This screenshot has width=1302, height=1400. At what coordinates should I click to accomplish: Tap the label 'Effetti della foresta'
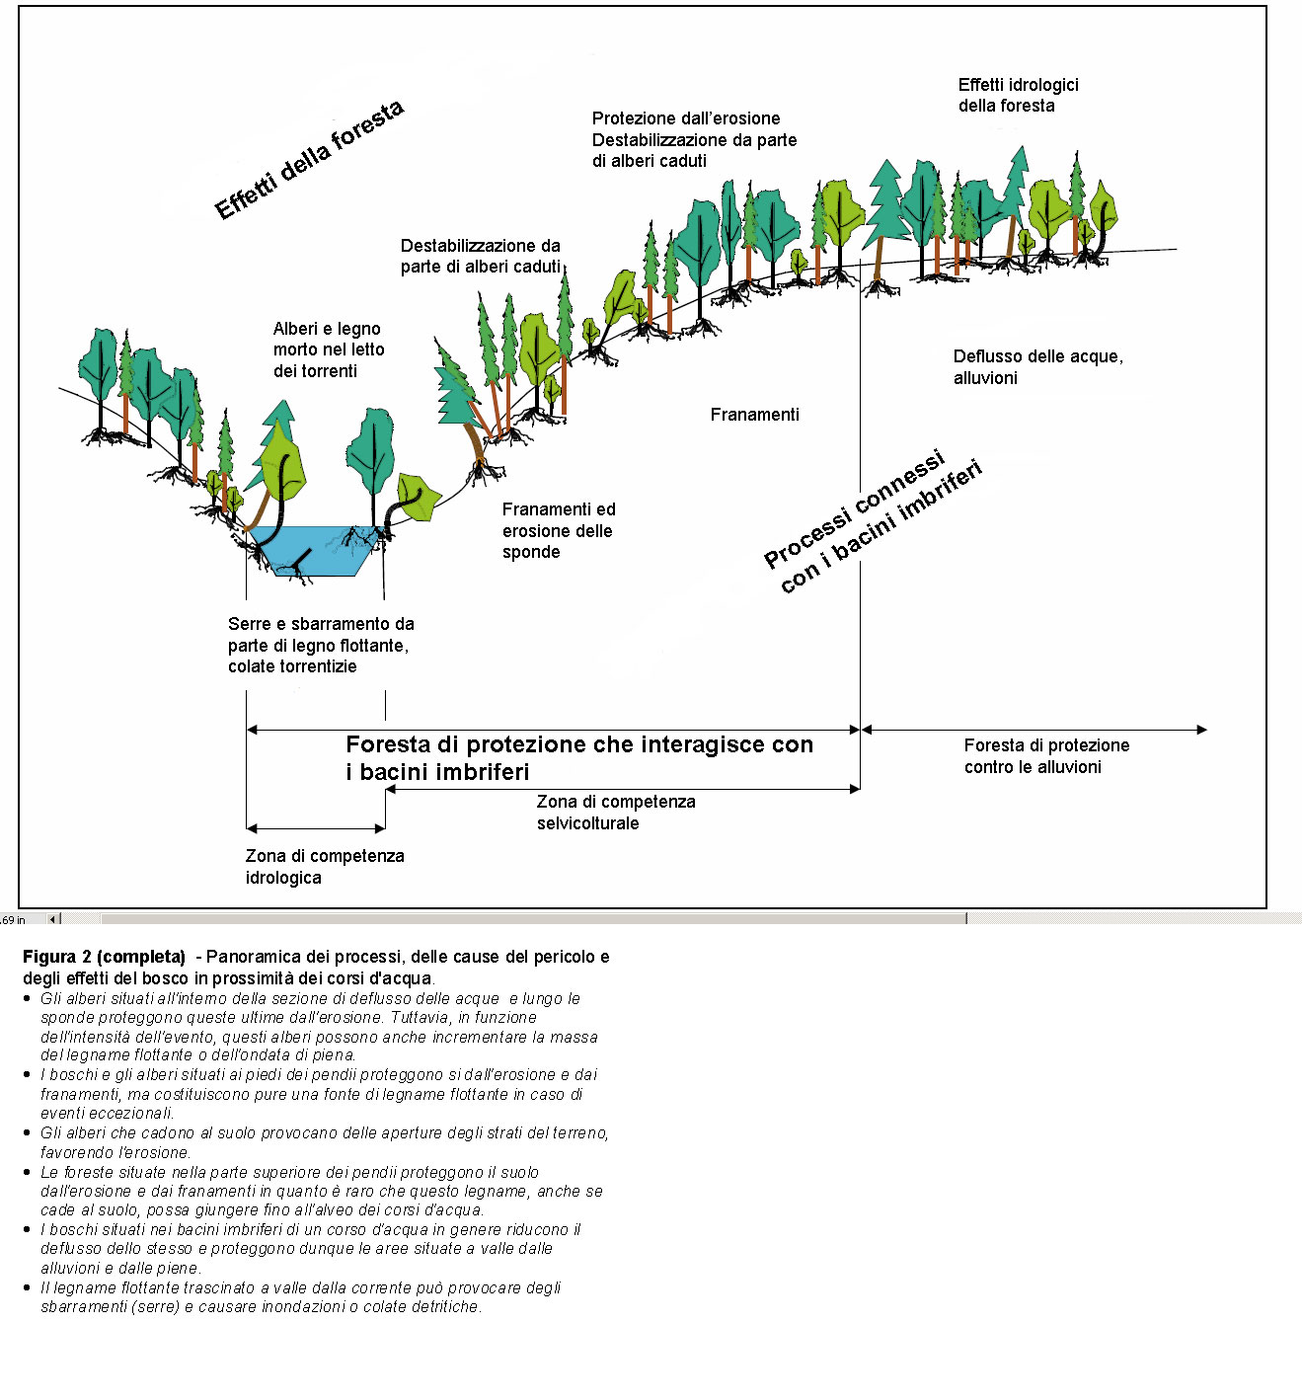pos(309,159)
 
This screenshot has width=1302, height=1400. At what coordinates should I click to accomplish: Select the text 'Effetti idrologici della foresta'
pos(1018,95)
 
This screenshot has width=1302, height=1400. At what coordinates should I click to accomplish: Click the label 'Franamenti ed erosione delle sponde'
pos(558,530)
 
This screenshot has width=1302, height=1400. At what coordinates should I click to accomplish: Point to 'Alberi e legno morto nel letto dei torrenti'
pos(329,350)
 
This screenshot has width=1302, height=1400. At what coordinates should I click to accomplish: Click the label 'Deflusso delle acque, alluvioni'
pos(1037,367)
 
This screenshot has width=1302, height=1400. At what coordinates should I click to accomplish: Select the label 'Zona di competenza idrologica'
pos(324,866)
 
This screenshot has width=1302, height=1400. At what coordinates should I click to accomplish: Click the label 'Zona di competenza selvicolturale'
pos(615,812)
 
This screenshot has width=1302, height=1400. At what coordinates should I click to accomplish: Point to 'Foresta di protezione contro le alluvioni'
pos(1046,755)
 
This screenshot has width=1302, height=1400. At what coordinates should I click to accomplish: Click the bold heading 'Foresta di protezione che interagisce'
pos(579,745)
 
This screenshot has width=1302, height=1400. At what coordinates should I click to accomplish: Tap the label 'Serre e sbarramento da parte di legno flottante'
pos(321,645)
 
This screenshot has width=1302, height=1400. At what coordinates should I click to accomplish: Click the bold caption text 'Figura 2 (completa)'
pos(104,956)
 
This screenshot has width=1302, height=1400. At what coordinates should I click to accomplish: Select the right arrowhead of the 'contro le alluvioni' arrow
pos(1201,730)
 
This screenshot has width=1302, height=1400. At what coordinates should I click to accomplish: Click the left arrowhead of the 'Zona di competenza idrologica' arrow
pos(252,828)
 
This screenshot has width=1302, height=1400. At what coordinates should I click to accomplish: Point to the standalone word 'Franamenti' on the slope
pos(754,415)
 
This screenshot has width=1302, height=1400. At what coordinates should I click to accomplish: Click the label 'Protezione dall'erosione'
pos(686,118)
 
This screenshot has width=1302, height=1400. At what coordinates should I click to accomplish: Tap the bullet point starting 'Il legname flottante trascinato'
pos(300,1296)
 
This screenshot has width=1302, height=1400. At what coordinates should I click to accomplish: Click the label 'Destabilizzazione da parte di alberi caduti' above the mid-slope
pos(480,256)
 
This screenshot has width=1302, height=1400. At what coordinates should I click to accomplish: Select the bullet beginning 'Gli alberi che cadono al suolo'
pos(324,1142)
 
